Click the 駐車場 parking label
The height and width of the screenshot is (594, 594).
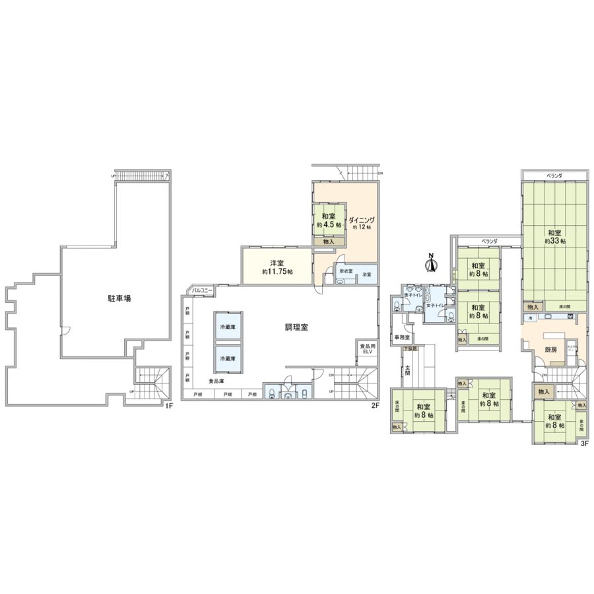click(x=119, y=298)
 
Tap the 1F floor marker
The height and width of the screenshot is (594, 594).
click(x=169, y=405)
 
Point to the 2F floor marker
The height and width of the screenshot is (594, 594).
click(x=374, y=405)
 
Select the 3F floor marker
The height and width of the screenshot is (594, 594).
click(x=583, y=444)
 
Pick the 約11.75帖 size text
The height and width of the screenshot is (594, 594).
click(x=277, y=272)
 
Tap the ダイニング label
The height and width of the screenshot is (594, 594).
click(x=361, y=220)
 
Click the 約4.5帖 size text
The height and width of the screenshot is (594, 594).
click(x=329, y=225)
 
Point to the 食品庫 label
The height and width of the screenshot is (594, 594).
click(x=216, y=381)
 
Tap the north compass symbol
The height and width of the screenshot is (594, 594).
click(x=430, y=263)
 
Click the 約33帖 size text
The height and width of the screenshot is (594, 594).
click(x=554, y=242)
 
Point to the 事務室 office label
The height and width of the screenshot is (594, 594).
click(x=402, y=337)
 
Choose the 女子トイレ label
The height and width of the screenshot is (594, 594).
click(x=436, y=305)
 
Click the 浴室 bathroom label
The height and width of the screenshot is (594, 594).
click(x=368, y=275)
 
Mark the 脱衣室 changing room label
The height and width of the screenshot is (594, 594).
click(x=346, y=271)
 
